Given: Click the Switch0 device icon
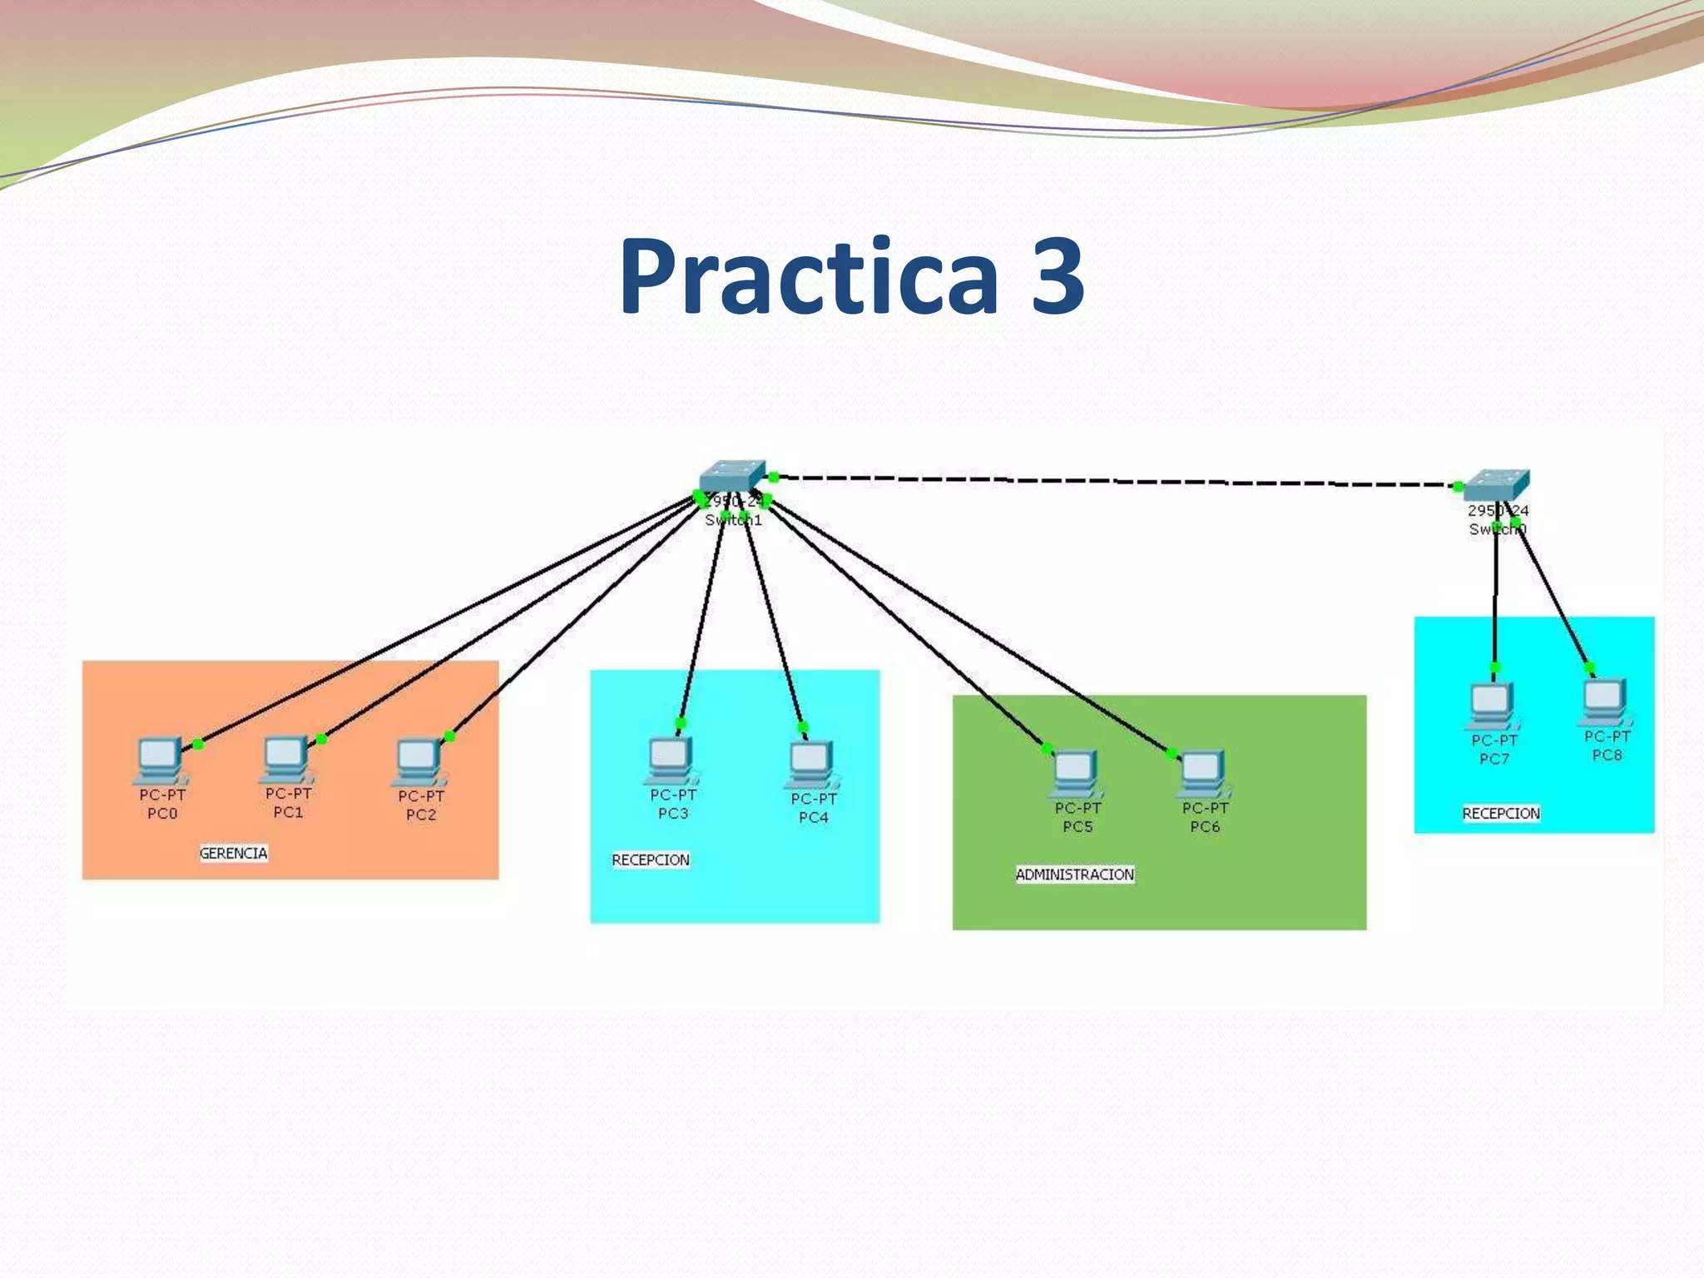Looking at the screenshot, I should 1496,485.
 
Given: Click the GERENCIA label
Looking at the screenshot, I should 233,853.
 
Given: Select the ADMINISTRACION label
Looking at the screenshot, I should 1074,874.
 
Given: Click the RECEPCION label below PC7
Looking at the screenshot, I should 1501,813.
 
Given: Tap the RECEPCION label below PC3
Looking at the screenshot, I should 651,859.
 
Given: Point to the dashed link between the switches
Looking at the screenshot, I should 1115,481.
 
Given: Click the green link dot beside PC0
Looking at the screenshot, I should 198,744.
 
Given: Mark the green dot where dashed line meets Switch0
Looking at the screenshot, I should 1458,487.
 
